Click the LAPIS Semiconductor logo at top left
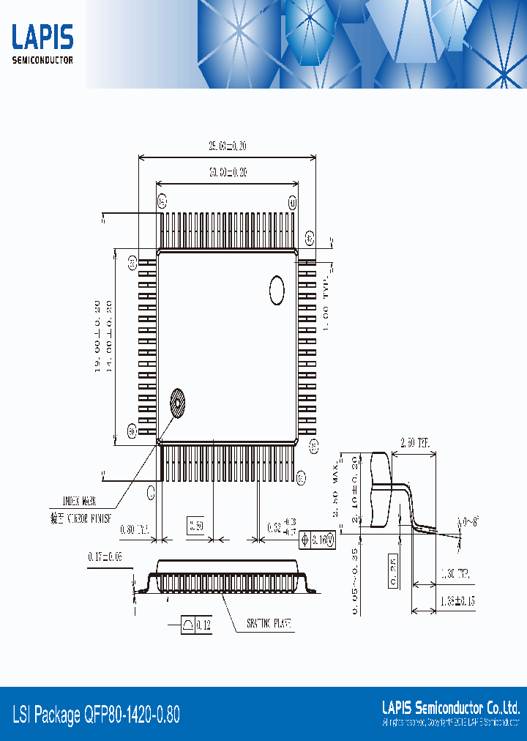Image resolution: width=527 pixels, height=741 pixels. click(42, 44)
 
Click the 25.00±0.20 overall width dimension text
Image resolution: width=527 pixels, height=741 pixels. click(226, 146)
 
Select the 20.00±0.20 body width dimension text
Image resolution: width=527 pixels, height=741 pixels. click(226, 173)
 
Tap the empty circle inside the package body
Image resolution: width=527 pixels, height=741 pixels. click(277, 290)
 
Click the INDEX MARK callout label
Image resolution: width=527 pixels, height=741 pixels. click(80, 502)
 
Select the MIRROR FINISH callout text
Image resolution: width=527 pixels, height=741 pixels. click(81, 517)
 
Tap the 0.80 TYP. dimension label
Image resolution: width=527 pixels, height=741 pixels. click(132, 529)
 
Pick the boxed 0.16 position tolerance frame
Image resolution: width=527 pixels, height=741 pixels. click(318, 540)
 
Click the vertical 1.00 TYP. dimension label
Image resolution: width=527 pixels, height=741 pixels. click(326, 301)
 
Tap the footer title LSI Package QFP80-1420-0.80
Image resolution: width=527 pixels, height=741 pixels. click(96, 715)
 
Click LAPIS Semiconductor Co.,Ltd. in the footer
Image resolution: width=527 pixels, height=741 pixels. click(451, 708)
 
